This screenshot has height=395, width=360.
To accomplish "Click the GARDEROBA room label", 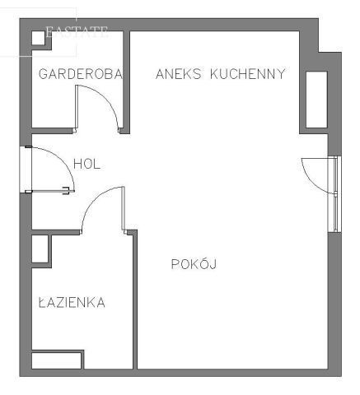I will point(81,74).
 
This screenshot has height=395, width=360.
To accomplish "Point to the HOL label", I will point(86,164).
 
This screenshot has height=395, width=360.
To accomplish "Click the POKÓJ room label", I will point(193,264).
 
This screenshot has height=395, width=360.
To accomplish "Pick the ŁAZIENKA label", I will point(72,303).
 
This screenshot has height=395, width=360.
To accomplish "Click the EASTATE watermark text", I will point(77,32).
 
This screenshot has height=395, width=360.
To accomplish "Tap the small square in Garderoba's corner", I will point(37,38).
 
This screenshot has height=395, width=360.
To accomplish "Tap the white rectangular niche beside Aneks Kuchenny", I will point(316,99).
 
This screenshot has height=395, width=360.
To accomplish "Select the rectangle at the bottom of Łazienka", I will point(57,360).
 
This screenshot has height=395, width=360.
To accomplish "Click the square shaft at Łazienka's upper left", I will point(40,249).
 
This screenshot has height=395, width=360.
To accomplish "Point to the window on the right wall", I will point(334,193).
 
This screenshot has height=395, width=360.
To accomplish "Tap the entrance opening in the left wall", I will point(25,170).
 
